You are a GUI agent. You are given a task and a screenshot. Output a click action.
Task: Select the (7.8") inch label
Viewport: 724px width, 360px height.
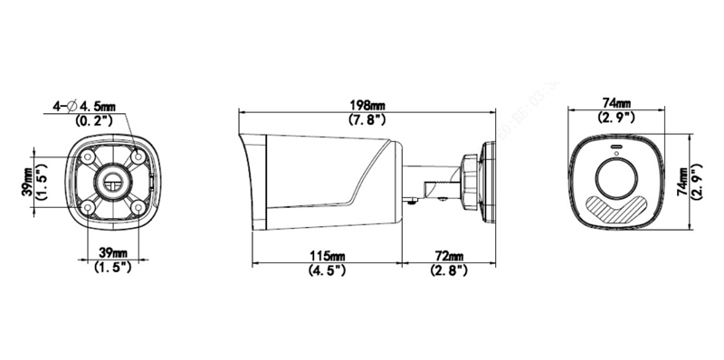(x=367, y=119)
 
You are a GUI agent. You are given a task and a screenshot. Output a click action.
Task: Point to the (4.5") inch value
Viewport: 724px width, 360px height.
(x=326, y=270)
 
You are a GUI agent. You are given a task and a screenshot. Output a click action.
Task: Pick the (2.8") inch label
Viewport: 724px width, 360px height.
(x=450, y=270)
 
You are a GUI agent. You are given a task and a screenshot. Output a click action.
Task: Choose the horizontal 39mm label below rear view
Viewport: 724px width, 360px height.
(x=112, y=253)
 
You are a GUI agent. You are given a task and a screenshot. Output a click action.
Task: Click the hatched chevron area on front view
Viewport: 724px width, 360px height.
(x=616, y=209)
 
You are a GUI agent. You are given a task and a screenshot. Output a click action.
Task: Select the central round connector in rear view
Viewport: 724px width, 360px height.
(x=115, y=180)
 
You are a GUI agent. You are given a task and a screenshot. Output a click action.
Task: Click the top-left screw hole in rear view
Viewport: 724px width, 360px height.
(x=91, y=159)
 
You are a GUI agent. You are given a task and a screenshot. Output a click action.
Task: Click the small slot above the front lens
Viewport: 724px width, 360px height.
(x=616, y=147)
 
